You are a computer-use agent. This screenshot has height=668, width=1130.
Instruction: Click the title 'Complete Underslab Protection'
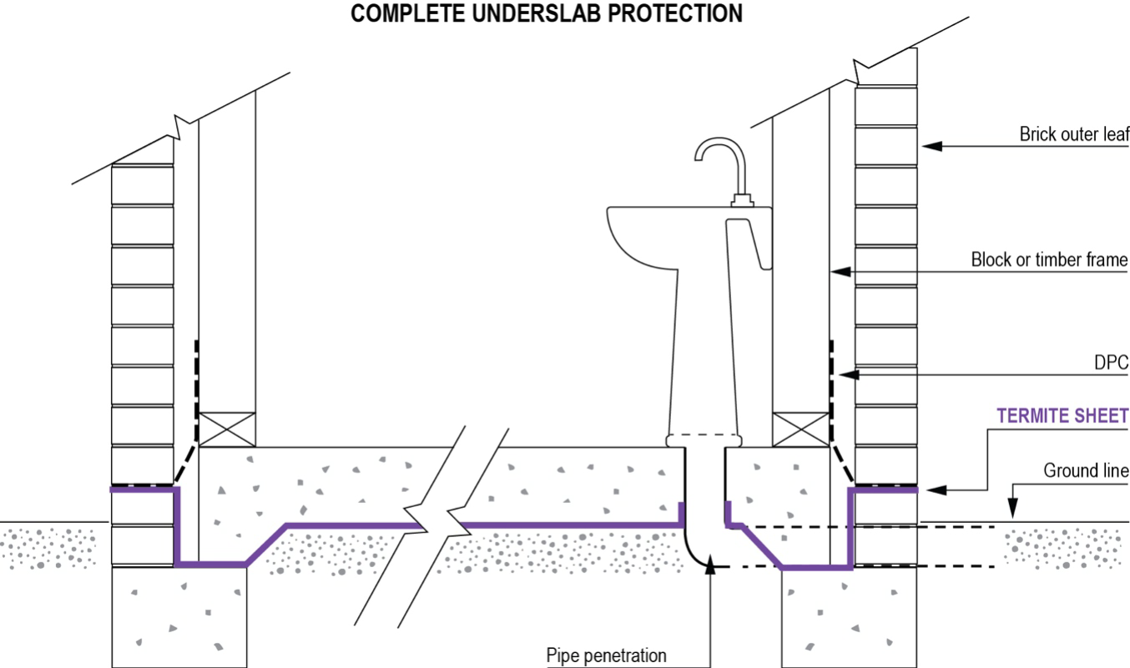tap(547, 13)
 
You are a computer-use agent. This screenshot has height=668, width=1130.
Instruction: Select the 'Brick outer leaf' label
tap(1072, 134)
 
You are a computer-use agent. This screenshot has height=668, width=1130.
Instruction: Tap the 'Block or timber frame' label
tap(1048, 260)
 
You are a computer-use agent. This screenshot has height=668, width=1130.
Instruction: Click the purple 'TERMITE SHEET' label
tap(1062, 415)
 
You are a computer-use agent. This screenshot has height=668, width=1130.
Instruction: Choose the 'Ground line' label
tap(1085, 471)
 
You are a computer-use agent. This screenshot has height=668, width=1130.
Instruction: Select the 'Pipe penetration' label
tap(606, 655)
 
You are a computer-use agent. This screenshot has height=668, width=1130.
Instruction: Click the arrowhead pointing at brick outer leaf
tap(931, 146)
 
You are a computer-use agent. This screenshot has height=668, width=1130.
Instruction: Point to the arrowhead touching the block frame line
tap(840, 271)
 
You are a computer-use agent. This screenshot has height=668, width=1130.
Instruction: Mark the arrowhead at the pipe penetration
tap(709, 567)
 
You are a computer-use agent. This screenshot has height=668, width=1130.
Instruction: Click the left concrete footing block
tap(179, 617)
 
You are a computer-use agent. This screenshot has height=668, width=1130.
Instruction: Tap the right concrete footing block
tap(850, 617)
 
